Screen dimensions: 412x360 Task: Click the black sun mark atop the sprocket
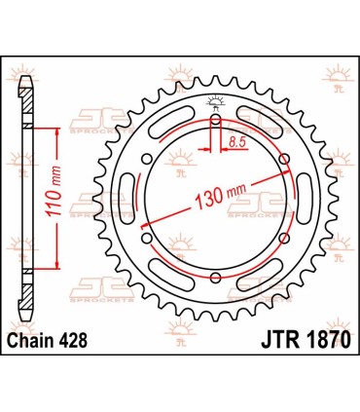[214, 104]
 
